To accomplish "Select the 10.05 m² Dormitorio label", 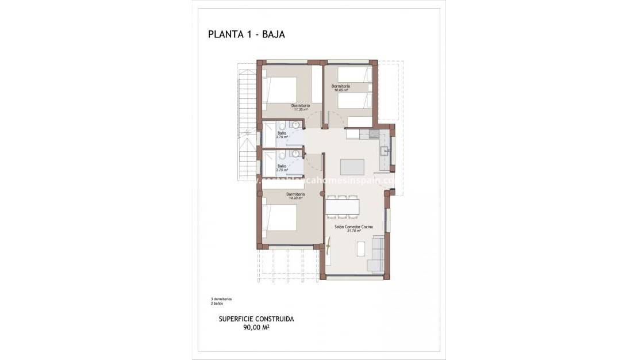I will [340, 88].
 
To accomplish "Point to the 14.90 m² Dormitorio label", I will [295, 196].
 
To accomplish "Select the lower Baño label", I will [282, 167].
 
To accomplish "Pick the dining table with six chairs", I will [343, 207].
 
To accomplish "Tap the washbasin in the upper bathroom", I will [295, 125].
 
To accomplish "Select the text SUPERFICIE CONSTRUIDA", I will [256, 319].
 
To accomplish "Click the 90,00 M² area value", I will [256, 328].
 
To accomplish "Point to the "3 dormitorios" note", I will [221, 299].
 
